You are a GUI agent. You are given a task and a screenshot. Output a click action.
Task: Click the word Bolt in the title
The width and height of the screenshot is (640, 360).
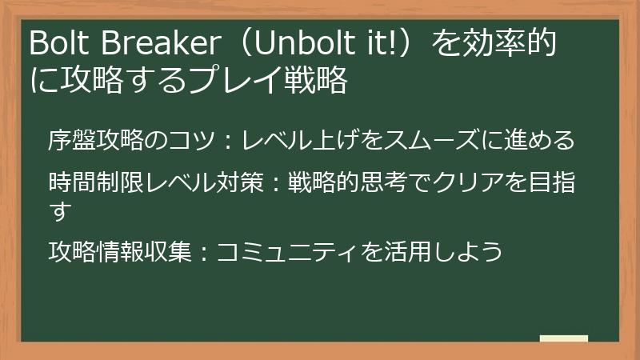[x=56, y=42]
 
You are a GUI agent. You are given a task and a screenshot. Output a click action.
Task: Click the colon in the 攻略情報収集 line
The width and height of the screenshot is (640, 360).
[x=204, y=252]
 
